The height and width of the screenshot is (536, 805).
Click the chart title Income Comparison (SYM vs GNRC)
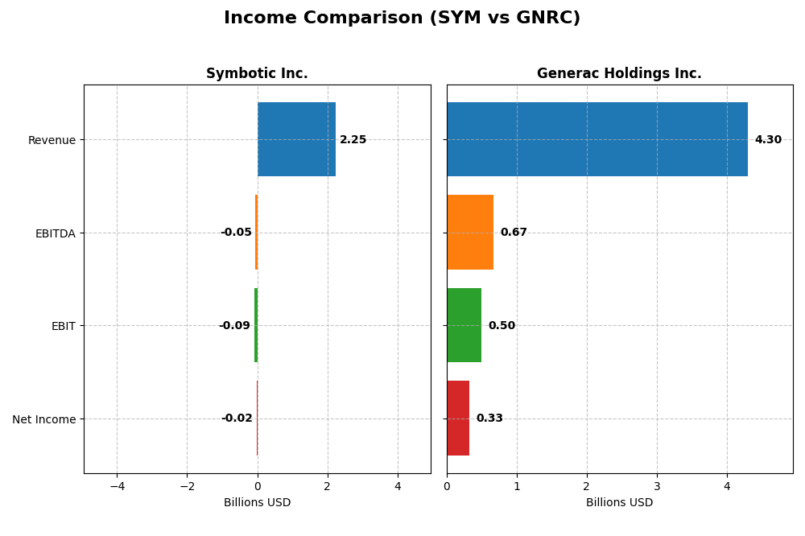402,18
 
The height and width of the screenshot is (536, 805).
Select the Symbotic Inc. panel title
257,73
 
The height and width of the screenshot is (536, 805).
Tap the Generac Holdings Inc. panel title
619,73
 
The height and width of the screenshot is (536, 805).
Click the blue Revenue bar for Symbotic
296,139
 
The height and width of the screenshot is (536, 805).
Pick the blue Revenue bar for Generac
597,139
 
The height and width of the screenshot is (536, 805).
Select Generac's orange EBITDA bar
470,233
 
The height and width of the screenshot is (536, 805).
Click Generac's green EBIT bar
464,325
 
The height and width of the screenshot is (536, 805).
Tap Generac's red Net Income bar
458,418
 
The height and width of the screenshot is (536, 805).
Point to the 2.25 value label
353,140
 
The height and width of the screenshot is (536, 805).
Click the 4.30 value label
768,140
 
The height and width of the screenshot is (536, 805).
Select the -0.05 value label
236,233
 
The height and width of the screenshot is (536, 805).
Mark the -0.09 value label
234,326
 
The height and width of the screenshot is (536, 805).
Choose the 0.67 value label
514,233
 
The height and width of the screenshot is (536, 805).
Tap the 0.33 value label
489,418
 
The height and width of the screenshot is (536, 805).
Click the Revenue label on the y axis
52,140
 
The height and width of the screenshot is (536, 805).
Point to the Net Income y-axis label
43,419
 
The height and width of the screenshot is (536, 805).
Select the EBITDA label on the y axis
55,233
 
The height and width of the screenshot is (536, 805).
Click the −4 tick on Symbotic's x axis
117,486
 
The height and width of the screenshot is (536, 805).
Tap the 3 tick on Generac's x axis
657,486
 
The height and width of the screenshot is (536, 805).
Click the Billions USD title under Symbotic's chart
257,503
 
